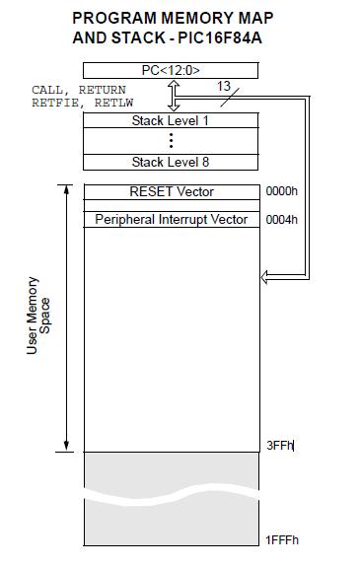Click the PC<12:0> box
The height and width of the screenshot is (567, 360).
pyautogui.click(x=171, y=70)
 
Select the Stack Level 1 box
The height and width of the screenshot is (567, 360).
pyautogui.click(x=171, y=120)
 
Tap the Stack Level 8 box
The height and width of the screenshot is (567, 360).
pyautogui.click(x=171, y=162)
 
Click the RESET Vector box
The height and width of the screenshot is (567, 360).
pyautogui.click(x=171, y=191)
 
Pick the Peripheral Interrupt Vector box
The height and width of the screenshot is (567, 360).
pyautogui.click(x=171, y=219)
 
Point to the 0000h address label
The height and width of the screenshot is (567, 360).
pyautogui.click(x=281, y=191)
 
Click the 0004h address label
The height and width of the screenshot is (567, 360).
pyautogui.click(x=281, y=219)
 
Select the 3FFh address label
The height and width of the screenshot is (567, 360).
pyautogui.click(x=280, y=447)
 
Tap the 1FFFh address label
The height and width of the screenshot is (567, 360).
pyautogui.click(x=282, y=539)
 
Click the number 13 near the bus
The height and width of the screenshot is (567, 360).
pyautogui.click(x=223, y=87)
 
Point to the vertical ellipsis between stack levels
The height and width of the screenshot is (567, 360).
pyautogui.click(x=171, y=141)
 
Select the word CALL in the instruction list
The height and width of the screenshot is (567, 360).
pyautogui.click(x=49, y=90)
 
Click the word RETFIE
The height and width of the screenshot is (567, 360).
pyautogui.click(x=52, y=101)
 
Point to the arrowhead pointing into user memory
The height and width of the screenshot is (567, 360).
pyautogui.click(x=265, y=277)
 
